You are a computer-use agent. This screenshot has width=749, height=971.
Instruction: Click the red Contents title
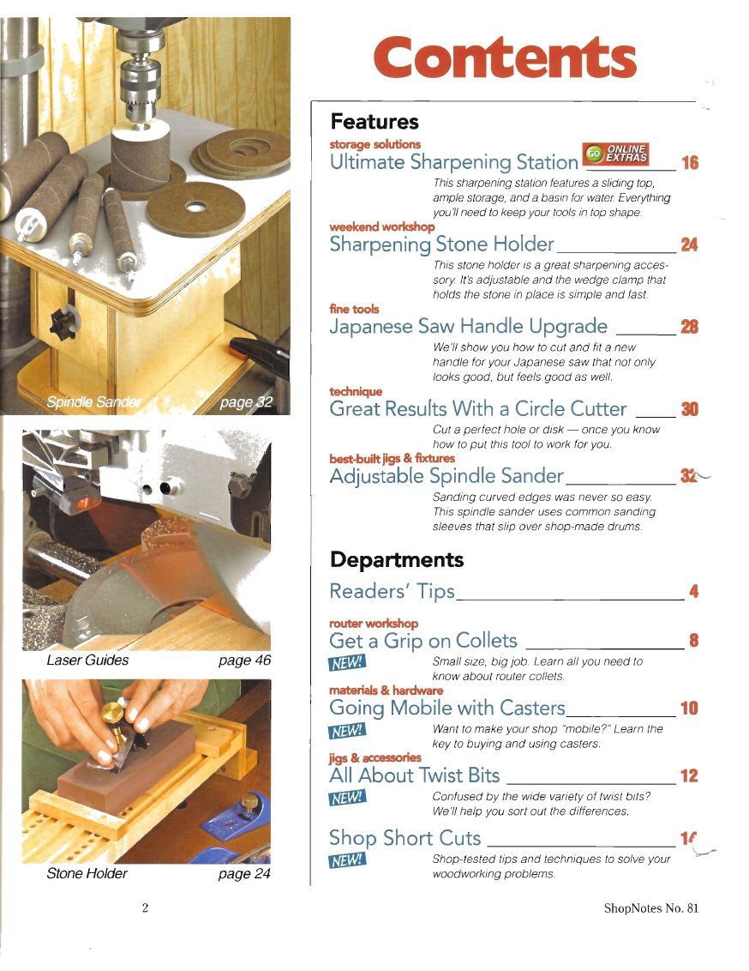[x=505, y=57]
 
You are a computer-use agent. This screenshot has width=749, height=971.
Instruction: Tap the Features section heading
[x=374, y=122]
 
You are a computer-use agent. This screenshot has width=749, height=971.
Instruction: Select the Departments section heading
[x=397, y=559]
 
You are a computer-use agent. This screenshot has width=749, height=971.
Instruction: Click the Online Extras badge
[x=615, y=154]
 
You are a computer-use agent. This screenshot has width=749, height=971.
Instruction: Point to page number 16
[x=690, y=163]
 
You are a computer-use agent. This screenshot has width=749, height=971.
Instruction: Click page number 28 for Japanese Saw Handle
[x=689, y=327]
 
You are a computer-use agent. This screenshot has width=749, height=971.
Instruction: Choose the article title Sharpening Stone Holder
[x=441, y=244]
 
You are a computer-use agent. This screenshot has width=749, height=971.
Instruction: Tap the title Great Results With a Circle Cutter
[x=477, y=408]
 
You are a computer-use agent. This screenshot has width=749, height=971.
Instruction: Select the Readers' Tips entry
[x=392, y=591]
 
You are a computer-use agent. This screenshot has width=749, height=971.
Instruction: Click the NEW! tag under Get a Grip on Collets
[x=347, y=663]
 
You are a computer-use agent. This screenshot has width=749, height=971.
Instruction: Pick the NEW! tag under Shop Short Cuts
[x=347, y=860]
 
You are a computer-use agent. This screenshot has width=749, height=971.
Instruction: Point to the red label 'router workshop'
[x=374, y=623]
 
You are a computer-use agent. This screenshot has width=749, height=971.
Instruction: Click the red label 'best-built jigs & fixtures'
[x=392, y=458]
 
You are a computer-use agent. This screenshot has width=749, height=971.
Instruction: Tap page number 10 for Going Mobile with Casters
[x=689, y=708]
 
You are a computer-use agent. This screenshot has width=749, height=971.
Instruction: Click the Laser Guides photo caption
[x=87, y=660]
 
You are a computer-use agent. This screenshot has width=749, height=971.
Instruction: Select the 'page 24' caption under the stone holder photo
[x=244, y=874]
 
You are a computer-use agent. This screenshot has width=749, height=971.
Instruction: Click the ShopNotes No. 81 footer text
[x=651, y=908]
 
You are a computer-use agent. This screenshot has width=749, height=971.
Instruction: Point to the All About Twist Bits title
[x=415, y=775]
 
